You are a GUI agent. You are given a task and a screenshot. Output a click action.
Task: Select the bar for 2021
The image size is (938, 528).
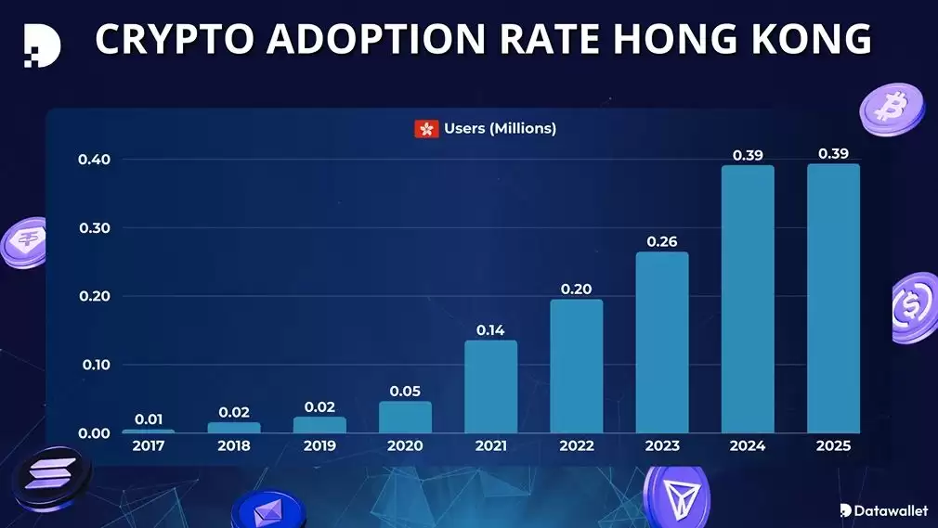coord(490,387)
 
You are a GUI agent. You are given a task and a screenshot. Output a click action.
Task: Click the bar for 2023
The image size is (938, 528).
coord(662,342)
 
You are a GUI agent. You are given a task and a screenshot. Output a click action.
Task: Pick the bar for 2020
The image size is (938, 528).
coord(405,418)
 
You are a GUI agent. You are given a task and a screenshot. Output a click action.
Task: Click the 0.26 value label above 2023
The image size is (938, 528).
coord(662,241)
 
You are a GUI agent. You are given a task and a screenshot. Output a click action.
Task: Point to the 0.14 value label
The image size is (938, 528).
coord(490,329)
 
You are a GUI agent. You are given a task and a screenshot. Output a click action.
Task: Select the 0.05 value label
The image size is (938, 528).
coord(405,391)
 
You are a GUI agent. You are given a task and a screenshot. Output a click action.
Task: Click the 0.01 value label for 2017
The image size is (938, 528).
coord(149,419)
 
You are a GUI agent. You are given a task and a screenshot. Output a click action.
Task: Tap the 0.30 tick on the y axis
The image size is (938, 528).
coord(94,228)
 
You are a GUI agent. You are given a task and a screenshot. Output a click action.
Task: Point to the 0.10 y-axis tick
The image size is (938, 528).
coord(94,365)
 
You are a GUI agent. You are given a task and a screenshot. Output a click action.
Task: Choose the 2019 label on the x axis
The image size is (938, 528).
coord(319,446)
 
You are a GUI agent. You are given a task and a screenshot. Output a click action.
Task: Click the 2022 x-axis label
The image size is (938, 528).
coord(576,446)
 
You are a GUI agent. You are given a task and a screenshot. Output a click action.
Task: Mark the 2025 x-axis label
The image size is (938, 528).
coord(833,446)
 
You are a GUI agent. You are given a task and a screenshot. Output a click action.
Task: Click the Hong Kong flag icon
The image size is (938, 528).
coord(426,129)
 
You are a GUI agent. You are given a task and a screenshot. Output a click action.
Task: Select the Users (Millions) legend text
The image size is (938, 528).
coord(500,129)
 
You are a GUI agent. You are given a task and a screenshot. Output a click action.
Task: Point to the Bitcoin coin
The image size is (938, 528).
coord(892,107)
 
